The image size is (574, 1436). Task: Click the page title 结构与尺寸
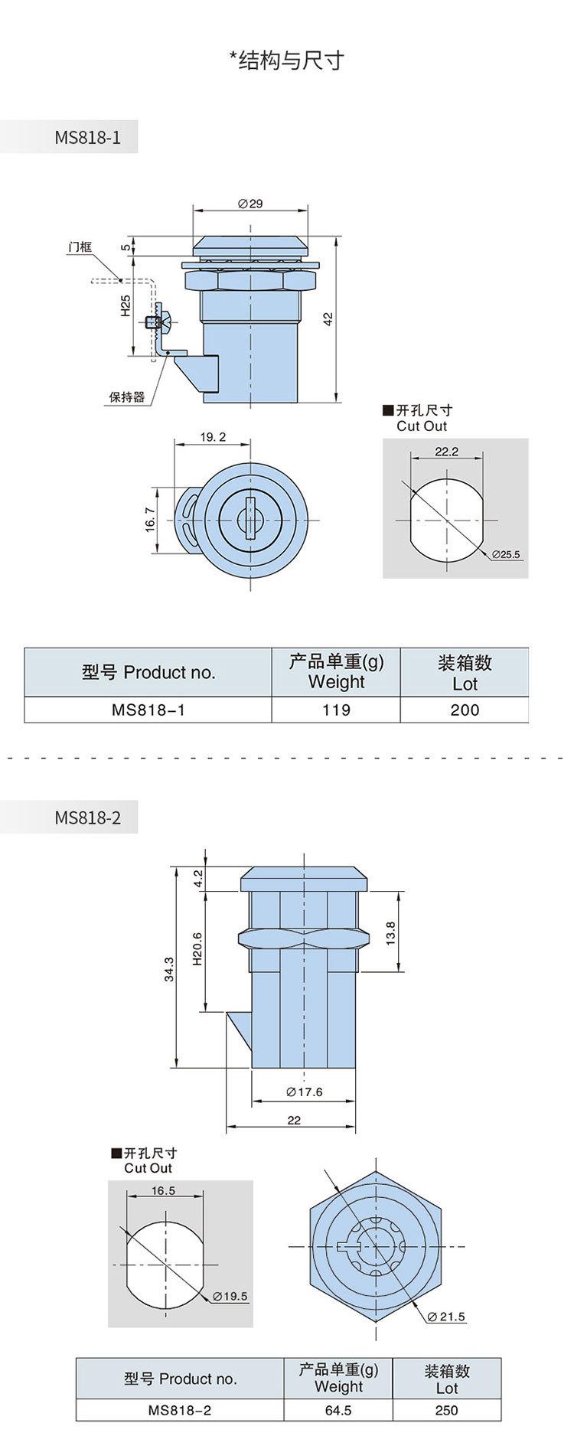291,61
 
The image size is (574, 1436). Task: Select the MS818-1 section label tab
69,138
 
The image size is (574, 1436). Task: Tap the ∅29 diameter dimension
250,204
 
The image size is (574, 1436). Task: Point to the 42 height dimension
328,319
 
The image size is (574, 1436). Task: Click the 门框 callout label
80,246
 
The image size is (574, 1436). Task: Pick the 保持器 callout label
126,397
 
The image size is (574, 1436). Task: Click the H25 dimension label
126,306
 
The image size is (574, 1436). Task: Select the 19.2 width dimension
213,437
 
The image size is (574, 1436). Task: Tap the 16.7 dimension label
150,520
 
